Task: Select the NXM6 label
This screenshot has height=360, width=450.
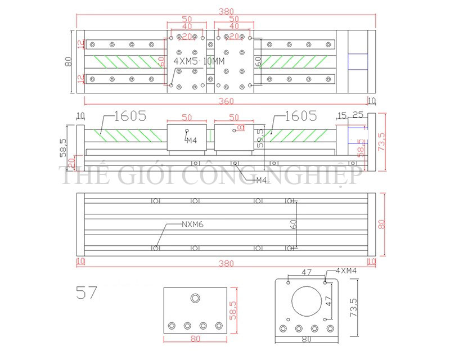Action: point(192,224)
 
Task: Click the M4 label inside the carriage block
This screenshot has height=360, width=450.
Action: point(191,139)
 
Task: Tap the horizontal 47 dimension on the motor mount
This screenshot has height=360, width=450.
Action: point(307,272)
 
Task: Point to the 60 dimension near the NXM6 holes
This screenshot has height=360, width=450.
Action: point(294,224)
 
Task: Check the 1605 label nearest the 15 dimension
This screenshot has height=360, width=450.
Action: point(301,116)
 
